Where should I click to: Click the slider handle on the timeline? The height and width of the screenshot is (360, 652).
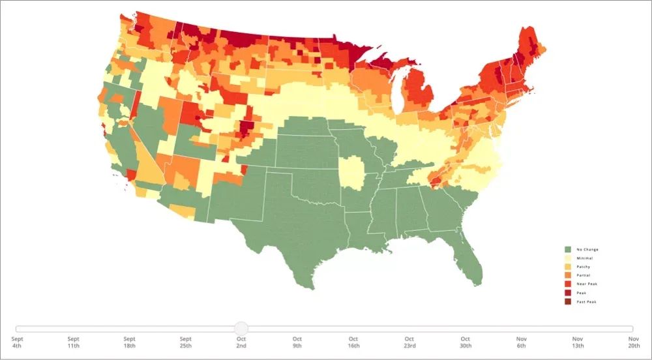pyautogui.click(x=241, y=328)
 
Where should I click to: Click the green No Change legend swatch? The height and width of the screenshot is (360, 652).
pyautogui.click(x=568, y=249)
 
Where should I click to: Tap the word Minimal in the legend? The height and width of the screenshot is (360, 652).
pyautogui.click(x=584, y=258)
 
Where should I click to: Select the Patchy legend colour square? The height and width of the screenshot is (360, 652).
pyautogui.click(x=568, y=267)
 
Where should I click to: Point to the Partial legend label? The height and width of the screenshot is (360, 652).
pyautogui.click(x=584, y=275)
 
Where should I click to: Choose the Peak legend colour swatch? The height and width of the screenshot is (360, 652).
pyautogui.click(x=568, y=293)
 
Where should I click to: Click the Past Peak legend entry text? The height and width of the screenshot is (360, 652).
pyautogui.click(x=586, y=301)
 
